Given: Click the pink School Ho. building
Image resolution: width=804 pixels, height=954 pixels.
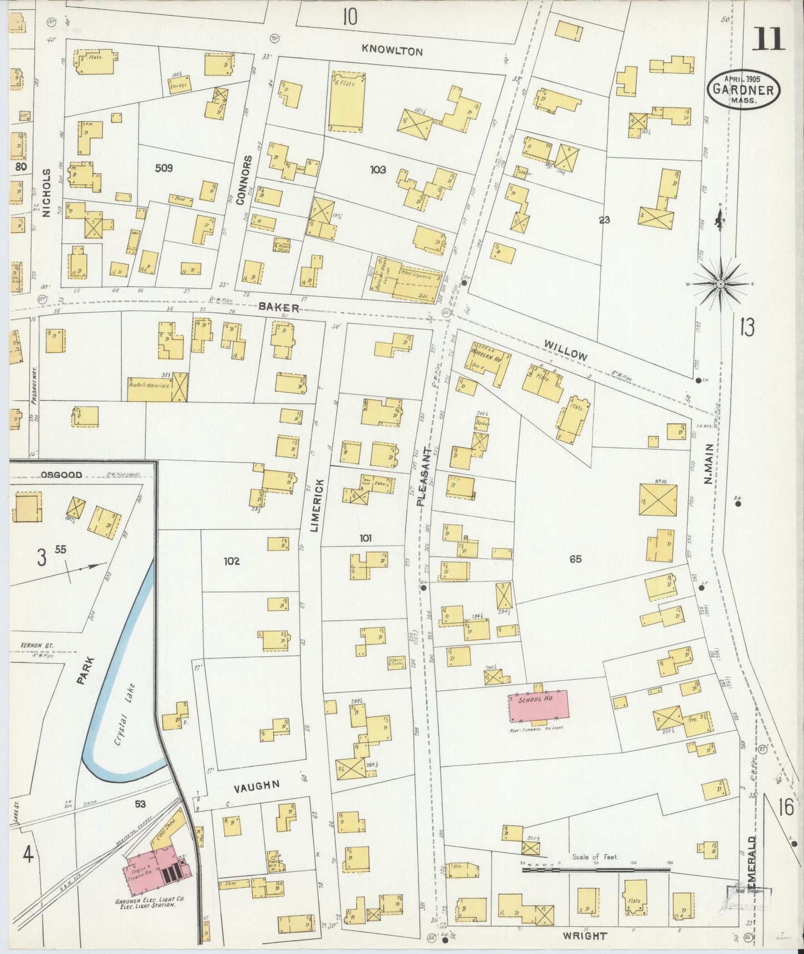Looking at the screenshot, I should point(539,706).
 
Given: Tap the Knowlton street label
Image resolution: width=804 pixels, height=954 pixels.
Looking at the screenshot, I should point(392,51).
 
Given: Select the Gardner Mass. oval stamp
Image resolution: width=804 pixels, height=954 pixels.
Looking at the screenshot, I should point(743,90).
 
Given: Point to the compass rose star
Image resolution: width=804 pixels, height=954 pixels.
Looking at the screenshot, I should point(720,284).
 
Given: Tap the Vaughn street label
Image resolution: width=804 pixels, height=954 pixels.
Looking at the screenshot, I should point(256,786).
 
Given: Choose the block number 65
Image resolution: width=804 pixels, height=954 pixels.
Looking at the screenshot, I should point(575,558).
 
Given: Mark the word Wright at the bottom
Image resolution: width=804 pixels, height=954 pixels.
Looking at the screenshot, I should point(584,936).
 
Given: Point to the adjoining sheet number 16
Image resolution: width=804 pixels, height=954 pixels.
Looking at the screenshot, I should point(786,807).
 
